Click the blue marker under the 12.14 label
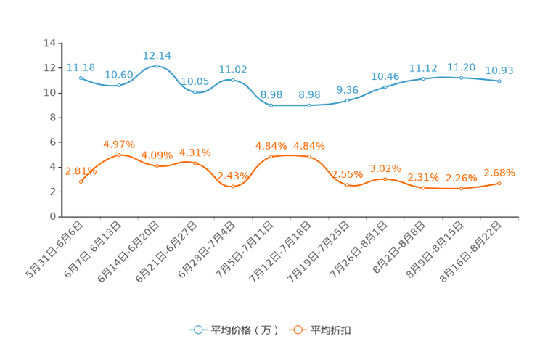157,66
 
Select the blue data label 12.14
157,55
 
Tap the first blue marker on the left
81,77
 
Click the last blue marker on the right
499,81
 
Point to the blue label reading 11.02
233,70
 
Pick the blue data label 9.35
348,90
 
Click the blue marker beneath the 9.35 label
348,101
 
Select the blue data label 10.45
385,75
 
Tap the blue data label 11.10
423,67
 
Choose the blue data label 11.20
461,67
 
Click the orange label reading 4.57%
119,144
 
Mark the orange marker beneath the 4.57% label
119,155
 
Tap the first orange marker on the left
81,181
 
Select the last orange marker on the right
499,183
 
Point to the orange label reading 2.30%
423,177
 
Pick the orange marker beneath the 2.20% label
461,189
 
